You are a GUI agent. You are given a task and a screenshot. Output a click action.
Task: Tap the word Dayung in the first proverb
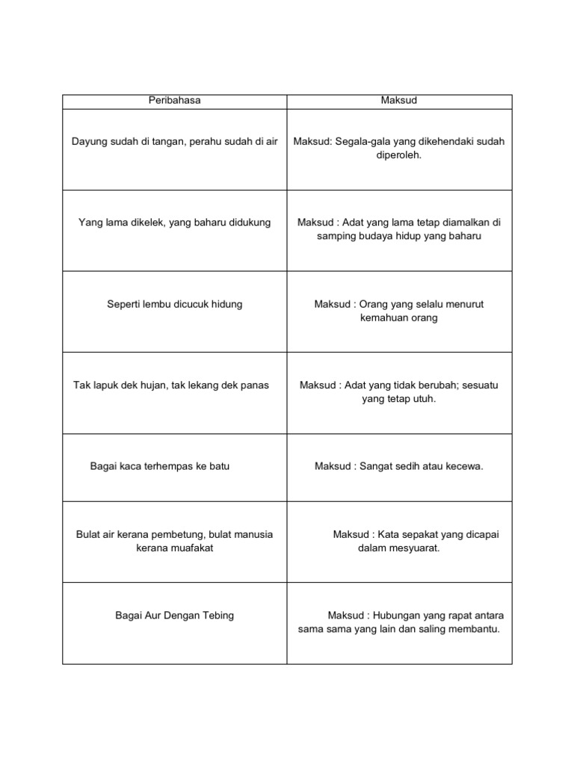point(88,142)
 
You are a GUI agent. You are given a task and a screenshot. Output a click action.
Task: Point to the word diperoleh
point(399,155)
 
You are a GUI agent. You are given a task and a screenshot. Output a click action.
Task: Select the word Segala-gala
point(362,142)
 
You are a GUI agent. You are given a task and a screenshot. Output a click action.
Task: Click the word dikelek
point(148,223)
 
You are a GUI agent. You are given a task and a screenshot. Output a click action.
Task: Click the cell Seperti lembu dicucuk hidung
point(174,304)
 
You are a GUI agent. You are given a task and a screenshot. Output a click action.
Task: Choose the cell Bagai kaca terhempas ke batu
point(159,466)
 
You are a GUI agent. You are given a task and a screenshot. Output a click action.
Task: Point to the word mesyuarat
point(413,548)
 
